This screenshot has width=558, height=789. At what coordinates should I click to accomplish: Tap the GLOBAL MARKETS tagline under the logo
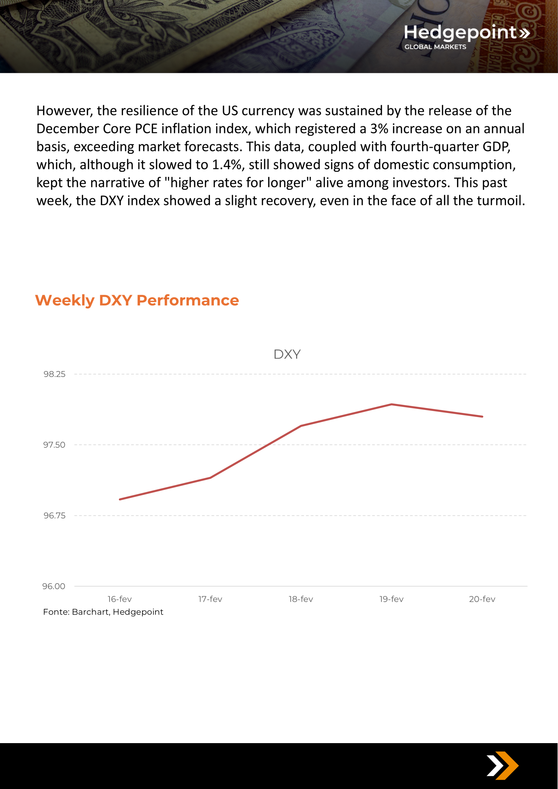(x=435, y=47)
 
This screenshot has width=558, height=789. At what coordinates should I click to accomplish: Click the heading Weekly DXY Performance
(x=137, y=300)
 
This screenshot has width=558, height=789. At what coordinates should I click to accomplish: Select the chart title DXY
(x=287, y=354)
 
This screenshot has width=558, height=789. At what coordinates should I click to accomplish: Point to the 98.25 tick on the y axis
(x=54, y=374)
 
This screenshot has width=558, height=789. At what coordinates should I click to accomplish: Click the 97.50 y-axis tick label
(x=54, y=445)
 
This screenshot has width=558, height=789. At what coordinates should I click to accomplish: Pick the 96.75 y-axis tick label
(x=54, y=516)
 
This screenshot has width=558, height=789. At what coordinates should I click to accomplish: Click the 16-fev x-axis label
(x=119, y=599)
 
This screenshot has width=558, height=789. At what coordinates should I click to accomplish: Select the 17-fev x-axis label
(x=210, y=599)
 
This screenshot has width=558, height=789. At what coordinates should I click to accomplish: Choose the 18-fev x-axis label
(x=301, y=599)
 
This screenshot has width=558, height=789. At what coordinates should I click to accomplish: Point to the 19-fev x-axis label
(x=391, y=599)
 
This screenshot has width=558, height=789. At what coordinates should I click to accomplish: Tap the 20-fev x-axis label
(x=482, y=599)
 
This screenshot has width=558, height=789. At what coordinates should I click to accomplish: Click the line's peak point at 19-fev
(x=391, y=405)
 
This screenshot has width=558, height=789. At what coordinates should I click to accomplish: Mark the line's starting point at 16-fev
(x=120, y=499)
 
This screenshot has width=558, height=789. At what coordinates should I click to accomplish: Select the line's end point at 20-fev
(x=482, y=416)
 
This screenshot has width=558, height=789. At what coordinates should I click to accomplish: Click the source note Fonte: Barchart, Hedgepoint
(x=103, y=612)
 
